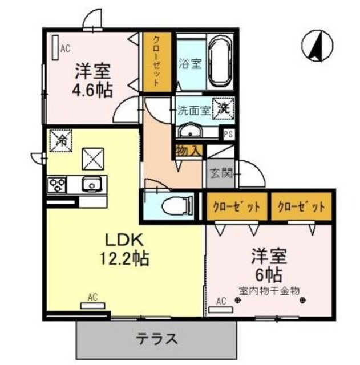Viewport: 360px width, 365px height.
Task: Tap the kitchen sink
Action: tap(91, 184)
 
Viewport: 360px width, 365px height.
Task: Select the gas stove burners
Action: tap(58, 185)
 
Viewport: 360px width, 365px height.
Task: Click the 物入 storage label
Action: tap(188, 151)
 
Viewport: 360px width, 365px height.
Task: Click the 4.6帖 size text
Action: tap(92, 90)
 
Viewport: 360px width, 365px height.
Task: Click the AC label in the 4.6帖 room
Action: tap(65, 48)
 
